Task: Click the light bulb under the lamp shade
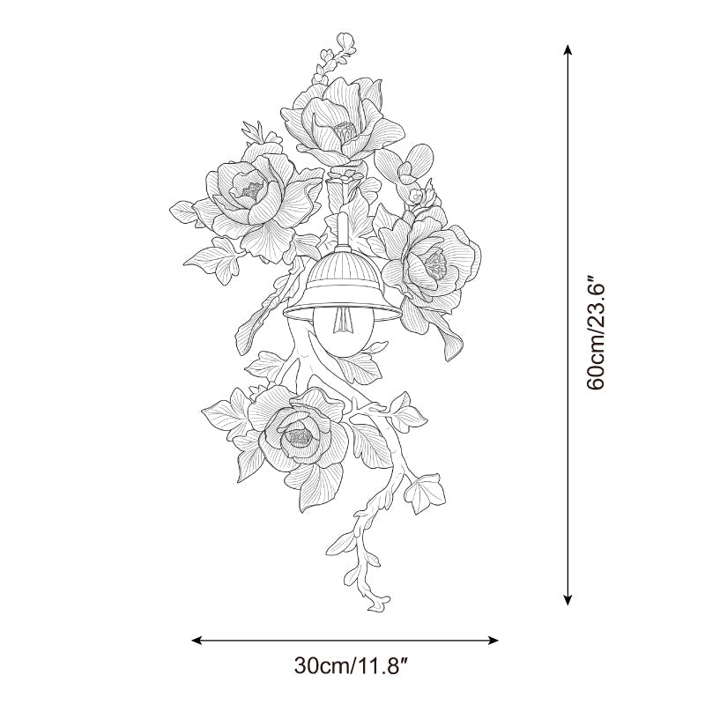tap(342, 333)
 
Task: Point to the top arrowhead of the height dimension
tap(568, 49)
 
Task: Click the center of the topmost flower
tap(345, 130)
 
